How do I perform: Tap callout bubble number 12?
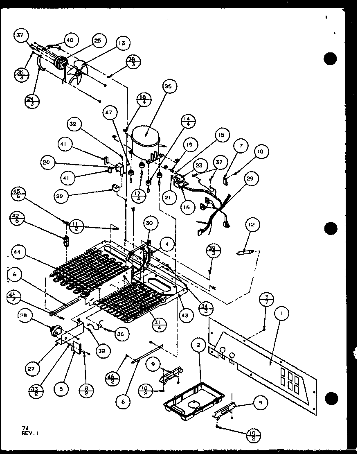(x=250, y=224)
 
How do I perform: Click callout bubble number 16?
(x=187, y=208)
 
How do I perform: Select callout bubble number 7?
(x=241, y=146)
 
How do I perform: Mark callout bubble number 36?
(x=119, y=334)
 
